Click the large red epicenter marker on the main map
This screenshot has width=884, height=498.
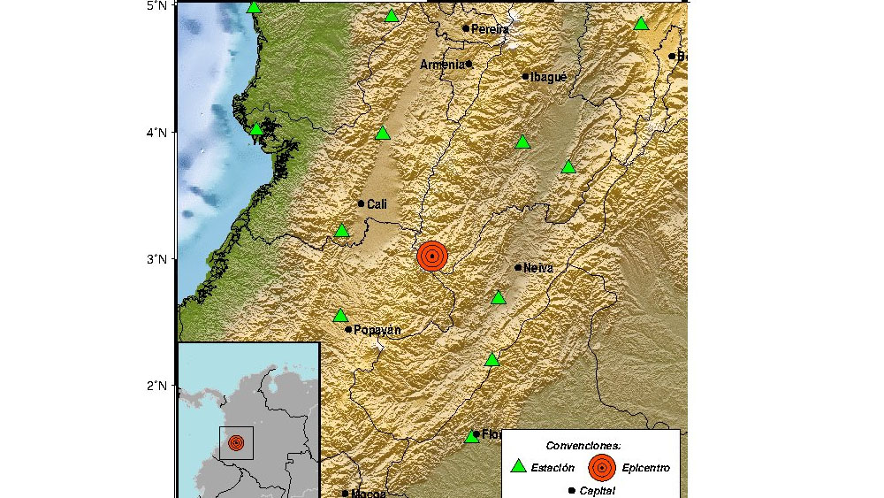(x=432, y=257)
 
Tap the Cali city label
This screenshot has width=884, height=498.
(x=377, y=204)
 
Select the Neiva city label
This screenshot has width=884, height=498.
(x=538, y=267)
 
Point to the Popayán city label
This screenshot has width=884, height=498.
(x=377, y=330)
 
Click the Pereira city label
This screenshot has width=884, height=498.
(x=491, y=29)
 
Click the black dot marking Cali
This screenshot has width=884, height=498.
(x=361, y=203)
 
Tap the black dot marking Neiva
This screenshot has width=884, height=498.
(x=518, y=267)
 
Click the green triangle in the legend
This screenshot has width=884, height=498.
(x=520, y=466)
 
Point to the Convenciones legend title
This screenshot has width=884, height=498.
(x=583, y=445)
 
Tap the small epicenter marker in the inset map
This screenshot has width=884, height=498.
(x=236, y=442)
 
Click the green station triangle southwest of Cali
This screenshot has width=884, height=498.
(x=342, y=231)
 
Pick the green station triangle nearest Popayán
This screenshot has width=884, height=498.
(x=340, y=316)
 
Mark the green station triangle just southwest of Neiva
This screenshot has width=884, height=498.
(x=499, y=298)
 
